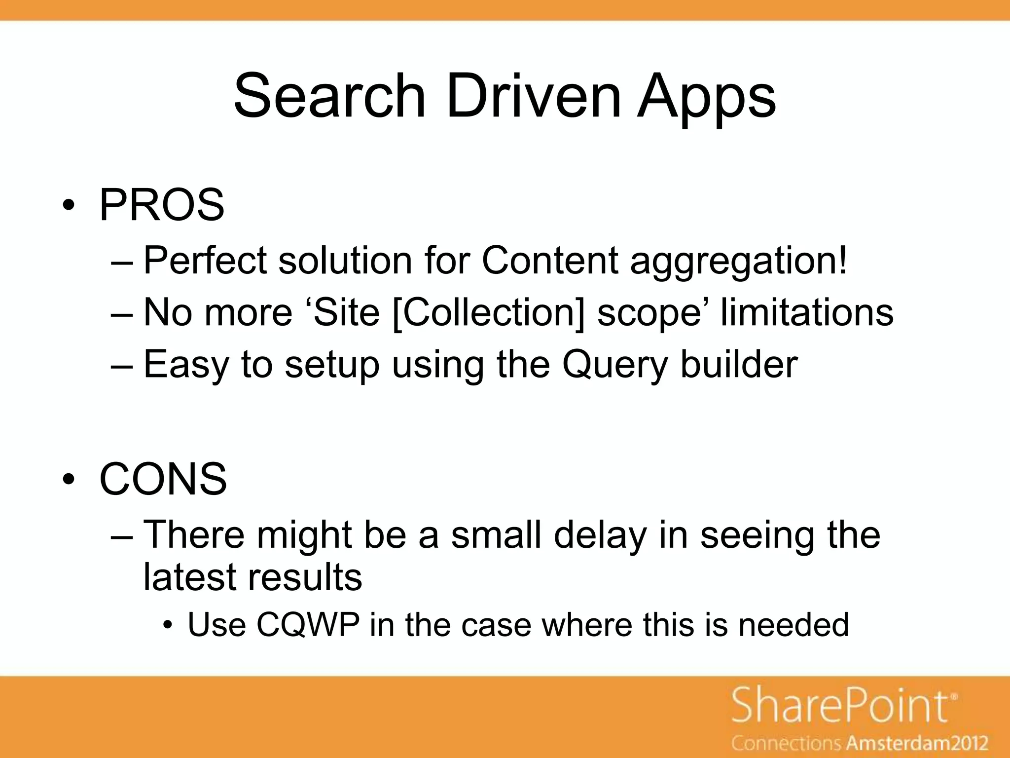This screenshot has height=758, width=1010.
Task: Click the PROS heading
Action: (162, 205)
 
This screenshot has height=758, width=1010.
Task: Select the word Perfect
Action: (205, 260)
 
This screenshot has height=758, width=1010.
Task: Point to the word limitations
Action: (807, 312)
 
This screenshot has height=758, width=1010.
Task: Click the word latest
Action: (190, 577)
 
